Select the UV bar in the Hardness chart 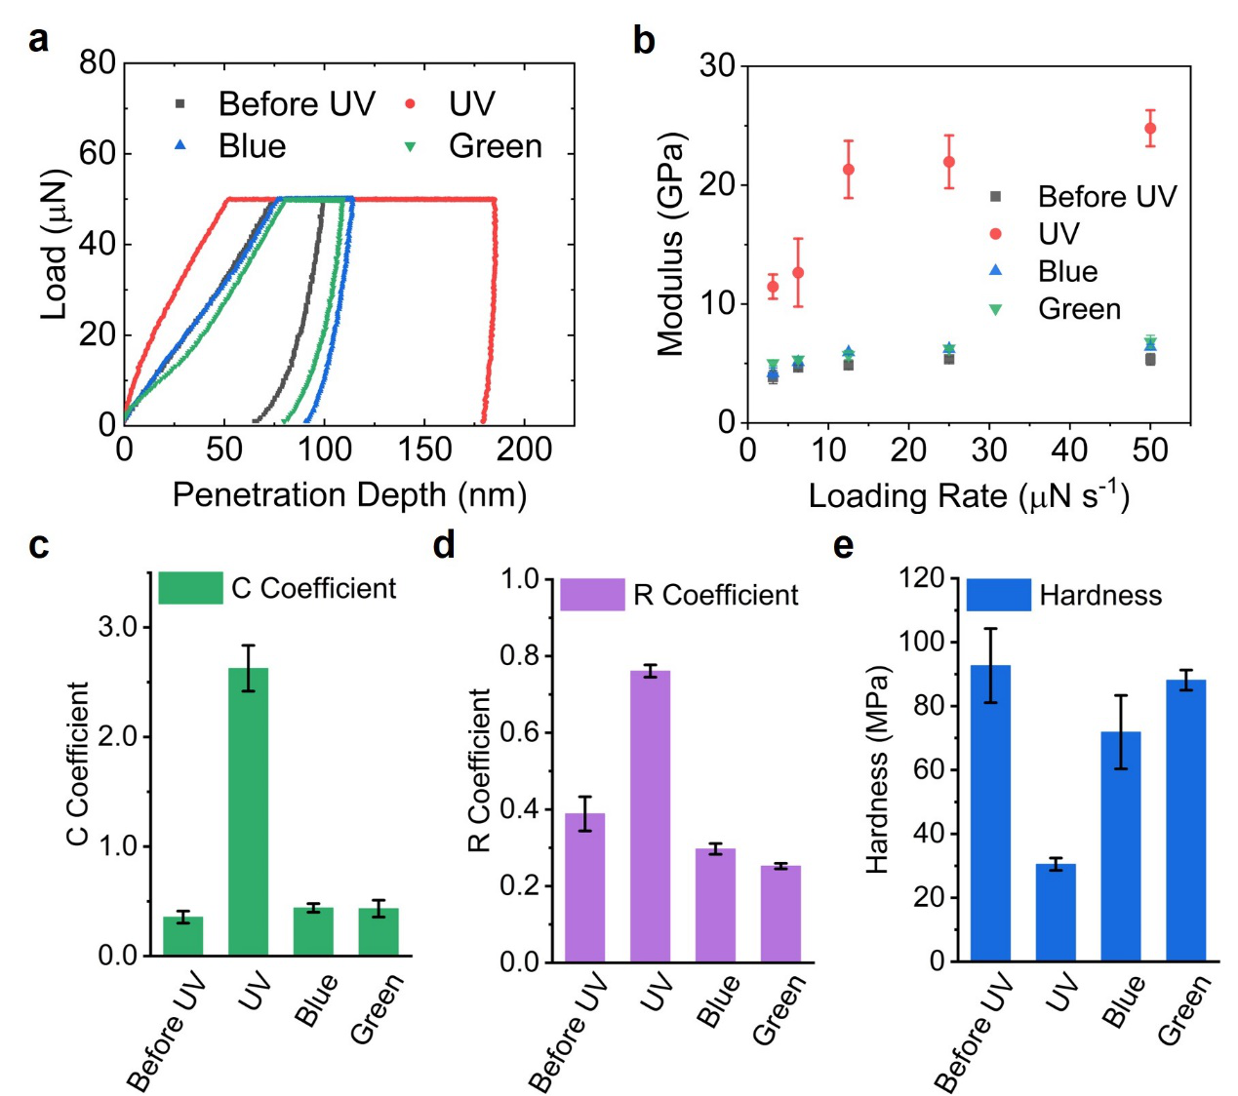1056,913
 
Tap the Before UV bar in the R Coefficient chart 584,887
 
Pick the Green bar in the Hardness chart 1185,820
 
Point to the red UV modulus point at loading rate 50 1150,129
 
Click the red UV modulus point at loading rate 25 948,162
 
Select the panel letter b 644,40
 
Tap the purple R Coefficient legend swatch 592,595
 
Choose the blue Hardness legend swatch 998,595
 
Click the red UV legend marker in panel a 411,103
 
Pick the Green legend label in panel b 1079,309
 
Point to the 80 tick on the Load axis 98,63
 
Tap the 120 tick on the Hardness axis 921,578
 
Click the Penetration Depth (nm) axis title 349,495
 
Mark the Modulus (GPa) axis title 671,244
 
